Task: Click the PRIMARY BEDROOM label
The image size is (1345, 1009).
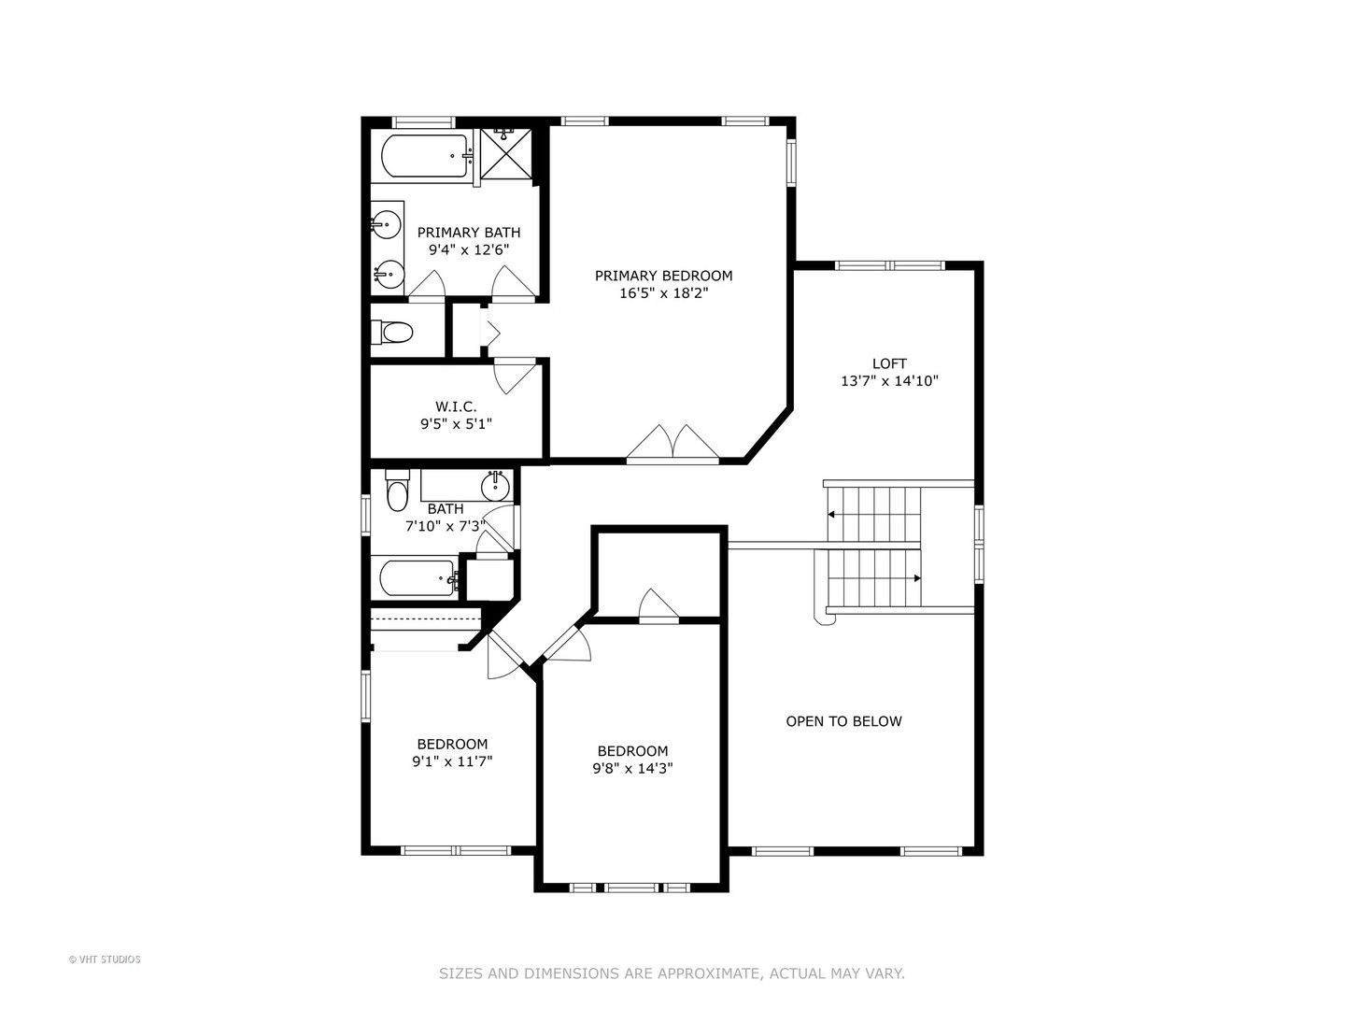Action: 663,276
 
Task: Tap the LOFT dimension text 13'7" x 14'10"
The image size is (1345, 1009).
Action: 888,381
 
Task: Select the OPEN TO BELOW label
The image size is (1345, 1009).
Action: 843,721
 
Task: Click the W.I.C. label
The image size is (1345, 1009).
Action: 456,406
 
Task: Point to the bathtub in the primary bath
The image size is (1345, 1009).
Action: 424,156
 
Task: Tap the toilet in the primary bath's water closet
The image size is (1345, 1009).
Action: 393,332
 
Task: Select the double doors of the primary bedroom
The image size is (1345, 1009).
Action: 672,444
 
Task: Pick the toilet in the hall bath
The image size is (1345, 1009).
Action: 398,490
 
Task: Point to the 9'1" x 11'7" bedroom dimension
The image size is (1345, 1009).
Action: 452,761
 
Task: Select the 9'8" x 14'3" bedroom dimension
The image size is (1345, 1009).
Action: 632,768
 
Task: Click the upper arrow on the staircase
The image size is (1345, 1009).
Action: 831,514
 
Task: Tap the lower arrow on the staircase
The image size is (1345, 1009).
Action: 916,578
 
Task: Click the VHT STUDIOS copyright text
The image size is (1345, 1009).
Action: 105,959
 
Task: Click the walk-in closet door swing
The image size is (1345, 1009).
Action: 515,375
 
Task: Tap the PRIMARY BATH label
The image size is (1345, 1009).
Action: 468,233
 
